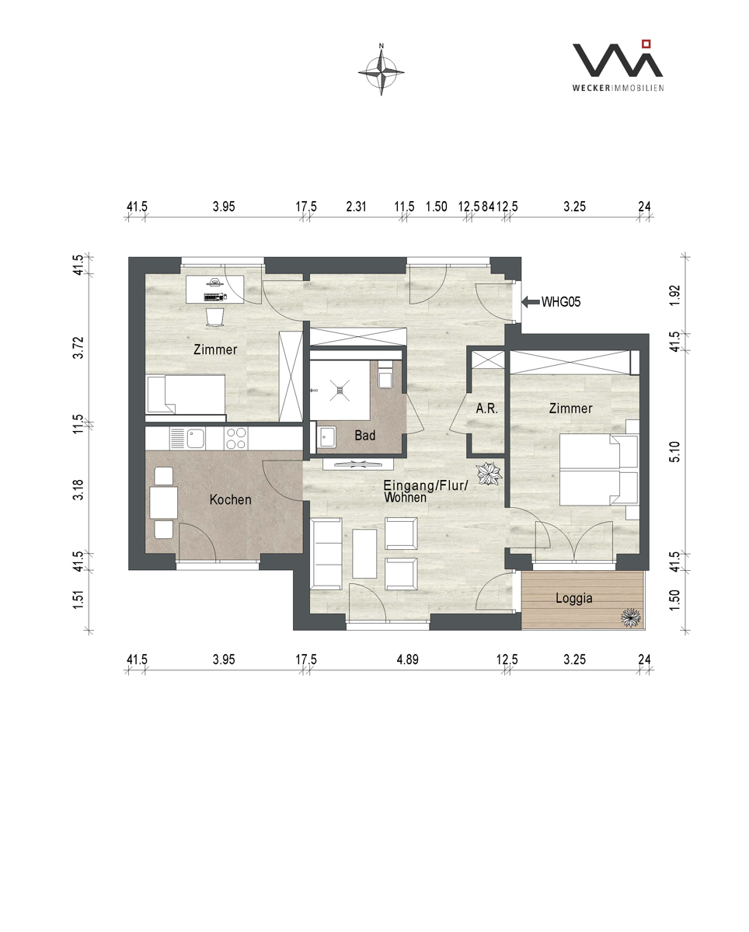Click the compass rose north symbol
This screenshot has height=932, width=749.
click(x=381, y=71)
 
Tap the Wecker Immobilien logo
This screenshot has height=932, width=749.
click(x=618, y=66)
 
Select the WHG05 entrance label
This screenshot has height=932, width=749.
click(x=561, y=302)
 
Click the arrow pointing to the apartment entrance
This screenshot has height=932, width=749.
click(x=531, y=302)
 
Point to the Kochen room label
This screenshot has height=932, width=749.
click(x=231, y=499)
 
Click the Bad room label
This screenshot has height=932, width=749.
click(x=364, y=435)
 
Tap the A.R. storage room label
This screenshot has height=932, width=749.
click(x=487, y=409)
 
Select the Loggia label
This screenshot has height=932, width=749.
click(x=574, y=599)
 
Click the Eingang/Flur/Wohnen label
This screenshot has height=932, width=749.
click(x=426, y=492)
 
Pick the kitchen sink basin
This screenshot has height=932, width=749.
click(x=195, y=439)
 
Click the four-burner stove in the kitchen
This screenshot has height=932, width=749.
click(x=236, y=438)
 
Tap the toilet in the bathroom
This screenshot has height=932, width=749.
click(x=385, y=375)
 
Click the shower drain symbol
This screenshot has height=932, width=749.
click(x=340, y=390)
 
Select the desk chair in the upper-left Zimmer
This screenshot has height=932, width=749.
click(x=215, y=317)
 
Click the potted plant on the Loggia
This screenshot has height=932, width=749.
click(x=631, y=617)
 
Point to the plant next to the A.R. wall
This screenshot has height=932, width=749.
click(x=489, y=474)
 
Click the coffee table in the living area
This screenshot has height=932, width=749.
click(x=364, y=554)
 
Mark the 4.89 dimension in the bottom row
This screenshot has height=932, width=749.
click(x=407, y=659)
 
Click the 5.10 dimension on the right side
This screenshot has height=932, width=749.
click(x=675, y=452)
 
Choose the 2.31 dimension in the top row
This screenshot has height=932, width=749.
click(x=356, y=207)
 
